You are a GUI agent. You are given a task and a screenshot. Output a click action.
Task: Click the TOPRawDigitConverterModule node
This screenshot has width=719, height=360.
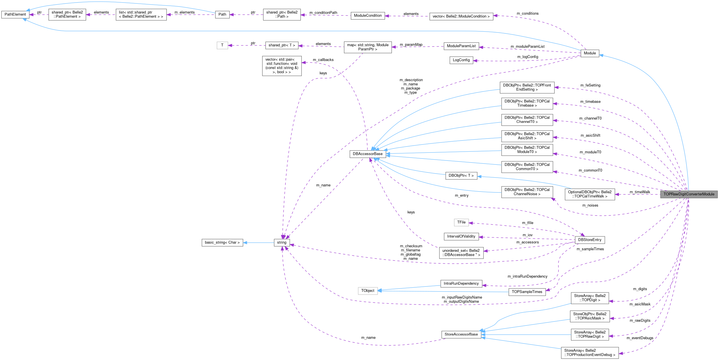click(x=689, y=194)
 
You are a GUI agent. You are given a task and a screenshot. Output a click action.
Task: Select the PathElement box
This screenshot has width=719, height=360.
click(x=15, y=15)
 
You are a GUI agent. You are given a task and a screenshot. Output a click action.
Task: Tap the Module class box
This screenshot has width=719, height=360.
click(x=590, y=53)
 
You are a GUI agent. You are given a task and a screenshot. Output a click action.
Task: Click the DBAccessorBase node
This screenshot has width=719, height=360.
click(x=368, y=154)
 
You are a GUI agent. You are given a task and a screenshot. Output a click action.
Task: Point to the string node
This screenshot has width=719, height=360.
click(x=281, y=243)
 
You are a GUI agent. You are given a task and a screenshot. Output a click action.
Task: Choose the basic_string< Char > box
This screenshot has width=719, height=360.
click(x=222, y=243)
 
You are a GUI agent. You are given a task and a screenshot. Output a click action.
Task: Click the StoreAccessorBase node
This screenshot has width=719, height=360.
click(x=461, y=334)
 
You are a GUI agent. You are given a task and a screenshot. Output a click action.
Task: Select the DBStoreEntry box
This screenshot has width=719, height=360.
click(x=590, y=240)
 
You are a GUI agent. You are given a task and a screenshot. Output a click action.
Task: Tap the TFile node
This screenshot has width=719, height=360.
click(x=461, y=222)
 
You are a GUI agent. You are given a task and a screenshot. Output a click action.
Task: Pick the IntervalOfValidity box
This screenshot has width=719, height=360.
click(x=461, y=236)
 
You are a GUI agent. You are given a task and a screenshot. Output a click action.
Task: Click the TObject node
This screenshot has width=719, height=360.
click(x=368, y=291)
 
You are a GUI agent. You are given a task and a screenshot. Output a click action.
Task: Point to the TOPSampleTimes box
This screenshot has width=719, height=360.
click(x=527, y=292)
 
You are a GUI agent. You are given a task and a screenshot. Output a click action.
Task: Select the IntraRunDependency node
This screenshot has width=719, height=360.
click(x=461, y=284)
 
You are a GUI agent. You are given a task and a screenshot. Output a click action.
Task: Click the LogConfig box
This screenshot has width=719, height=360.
click(x=461, y=60)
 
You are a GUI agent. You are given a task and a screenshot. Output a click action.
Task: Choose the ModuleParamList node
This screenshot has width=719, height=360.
click(x=461, y=46)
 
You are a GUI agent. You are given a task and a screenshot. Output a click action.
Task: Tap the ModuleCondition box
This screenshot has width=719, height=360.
click(x=368, y=16)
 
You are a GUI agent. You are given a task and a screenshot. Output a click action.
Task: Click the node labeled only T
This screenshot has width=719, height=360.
click(x=222, y=45)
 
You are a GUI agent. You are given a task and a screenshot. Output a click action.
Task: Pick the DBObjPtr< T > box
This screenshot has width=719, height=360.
click(x=461, y=176)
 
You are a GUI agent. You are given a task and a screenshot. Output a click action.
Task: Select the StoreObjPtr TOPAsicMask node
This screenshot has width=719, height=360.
click(x=590, y=316)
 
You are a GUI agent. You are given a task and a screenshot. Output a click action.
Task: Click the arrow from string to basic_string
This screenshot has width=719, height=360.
click(x=258, y=243)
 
